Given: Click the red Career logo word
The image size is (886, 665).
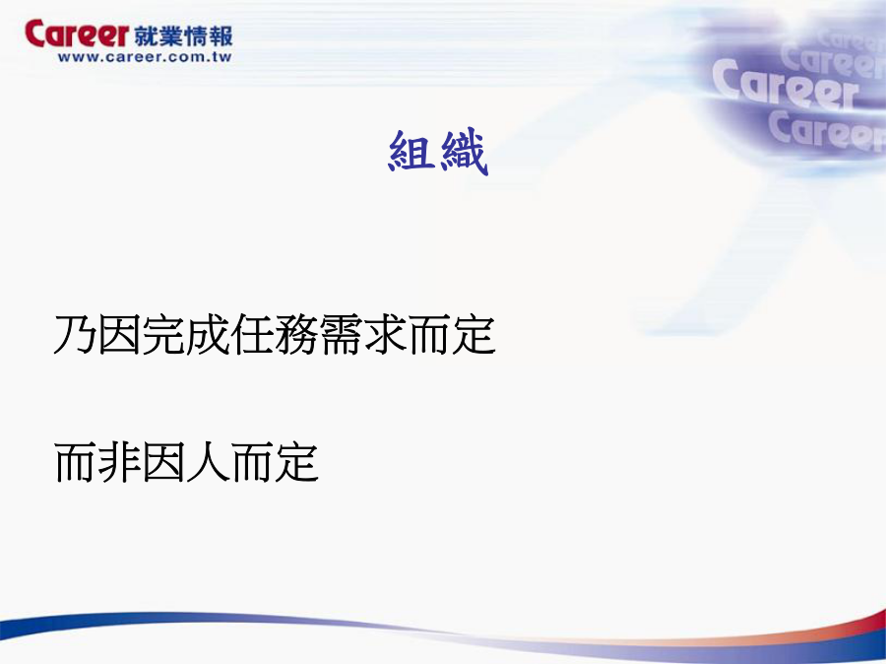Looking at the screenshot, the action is coord(77,33).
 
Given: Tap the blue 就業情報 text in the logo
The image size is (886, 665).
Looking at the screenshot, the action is coord(184,36).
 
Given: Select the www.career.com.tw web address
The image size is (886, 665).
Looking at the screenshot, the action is coord(145,57).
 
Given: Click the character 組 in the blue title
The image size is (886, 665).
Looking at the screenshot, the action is coord(411,151).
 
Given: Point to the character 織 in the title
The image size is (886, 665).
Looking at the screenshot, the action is coord(464,151).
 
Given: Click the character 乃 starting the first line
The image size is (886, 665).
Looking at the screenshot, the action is coord(75,334).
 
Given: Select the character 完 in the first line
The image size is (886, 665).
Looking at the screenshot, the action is coord(163,334).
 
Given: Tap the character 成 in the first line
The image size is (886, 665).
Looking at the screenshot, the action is coord(208,334).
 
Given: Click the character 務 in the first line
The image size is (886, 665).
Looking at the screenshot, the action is coord(296,334).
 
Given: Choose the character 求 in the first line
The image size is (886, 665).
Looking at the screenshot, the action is coord(385,334).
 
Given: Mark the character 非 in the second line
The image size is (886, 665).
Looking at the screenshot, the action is coord(120,462).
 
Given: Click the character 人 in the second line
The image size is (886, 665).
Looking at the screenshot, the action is coord(208,462).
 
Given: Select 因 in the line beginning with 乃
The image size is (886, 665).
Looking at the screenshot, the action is coord(120,334).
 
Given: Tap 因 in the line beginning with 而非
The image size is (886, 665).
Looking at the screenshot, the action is coord(163,462).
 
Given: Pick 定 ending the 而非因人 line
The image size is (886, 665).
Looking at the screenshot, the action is coord(296,462).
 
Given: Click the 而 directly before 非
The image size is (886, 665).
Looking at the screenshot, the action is coord(75,462).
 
